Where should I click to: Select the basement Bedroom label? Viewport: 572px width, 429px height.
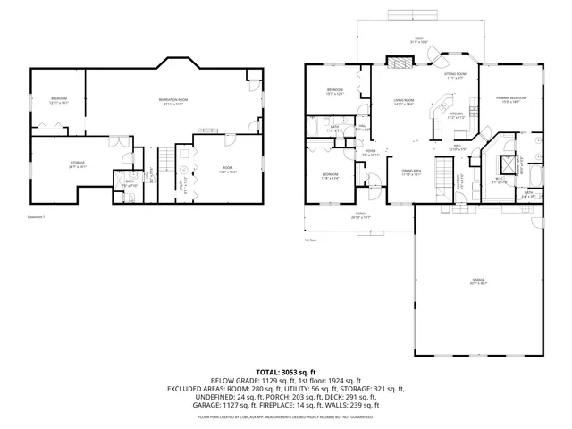click(x=58, y=100)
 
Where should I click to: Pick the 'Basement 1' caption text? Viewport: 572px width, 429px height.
click(x=38, y=217)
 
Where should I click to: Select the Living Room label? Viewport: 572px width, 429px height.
click(x=404, y=102)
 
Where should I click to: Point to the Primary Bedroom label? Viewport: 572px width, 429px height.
click(x=511, y=99)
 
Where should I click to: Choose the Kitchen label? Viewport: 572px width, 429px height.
click(x=456, y=115)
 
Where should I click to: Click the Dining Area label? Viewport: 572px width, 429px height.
click(x=411, y=172)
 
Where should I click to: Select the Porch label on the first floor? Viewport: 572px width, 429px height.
click(x=361, y=215)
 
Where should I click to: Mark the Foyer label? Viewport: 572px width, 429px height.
click(x=371, y=154)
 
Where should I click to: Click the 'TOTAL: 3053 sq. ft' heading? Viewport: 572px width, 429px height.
click(x=286, y=371)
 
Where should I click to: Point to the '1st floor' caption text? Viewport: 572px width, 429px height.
click(x=311, y=240)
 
